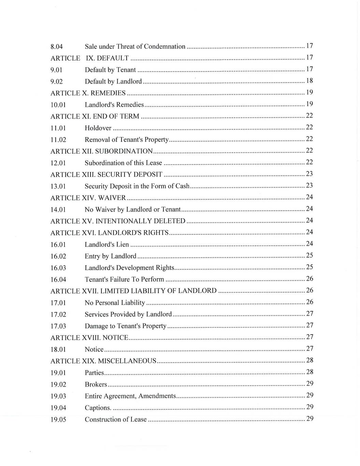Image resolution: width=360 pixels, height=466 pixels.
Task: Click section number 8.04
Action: tap(56, 47)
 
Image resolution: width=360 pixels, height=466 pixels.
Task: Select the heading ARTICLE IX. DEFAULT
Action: tap(89, 58)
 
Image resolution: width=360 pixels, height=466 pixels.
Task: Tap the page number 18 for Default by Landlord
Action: tap(309, 81)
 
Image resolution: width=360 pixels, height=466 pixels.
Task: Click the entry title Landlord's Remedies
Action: tap(114, 105)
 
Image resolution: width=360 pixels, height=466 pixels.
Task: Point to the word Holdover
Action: tap(98, 128)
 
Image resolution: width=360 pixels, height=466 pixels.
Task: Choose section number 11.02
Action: tap(58, 140)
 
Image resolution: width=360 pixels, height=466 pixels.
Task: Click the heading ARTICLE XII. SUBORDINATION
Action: tap(101, 151)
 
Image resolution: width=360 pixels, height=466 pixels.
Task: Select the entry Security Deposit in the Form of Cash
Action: tap(137, 186)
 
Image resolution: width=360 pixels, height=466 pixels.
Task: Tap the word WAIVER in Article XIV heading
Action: tap(112, 198)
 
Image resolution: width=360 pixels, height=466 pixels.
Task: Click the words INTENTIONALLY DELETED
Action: tap(140, 221)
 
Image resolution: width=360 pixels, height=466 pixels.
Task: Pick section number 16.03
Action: tap(58, 268)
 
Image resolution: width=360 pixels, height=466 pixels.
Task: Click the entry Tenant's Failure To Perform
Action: tap(124, 280)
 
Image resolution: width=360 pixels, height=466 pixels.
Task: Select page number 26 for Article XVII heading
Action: tap(309, 291)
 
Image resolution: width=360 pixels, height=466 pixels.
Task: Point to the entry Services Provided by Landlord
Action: tap(128, 314)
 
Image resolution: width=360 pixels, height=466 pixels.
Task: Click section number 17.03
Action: tap(58, 326)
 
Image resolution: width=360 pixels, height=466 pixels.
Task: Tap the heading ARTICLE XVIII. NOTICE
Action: tap(89, 338)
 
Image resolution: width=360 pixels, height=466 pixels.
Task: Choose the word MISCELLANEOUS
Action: tap(127, 361)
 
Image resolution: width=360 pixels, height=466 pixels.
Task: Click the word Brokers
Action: tap(96, 385)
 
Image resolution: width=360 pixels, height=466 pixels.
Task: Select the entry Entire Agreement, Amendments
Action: tap(130, 396)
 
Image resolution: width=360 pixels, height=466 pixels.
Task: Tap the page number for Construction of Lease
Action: tap(309, 419)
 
